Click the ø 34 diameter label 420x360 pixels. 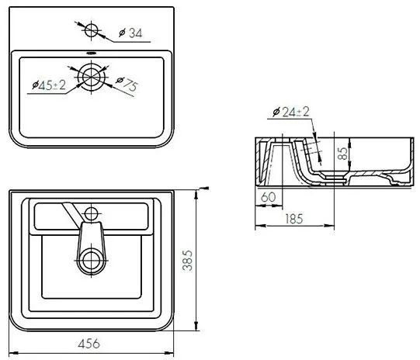point(130,33)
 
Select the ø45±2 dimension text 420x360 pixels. point(49,85)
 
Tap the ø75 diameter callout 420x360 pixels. point(127,84)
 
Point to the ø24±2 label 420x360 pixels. point(291,112)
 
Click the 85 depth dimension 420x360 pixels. point(342,154)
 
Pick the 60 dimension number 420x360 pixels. point(268,197)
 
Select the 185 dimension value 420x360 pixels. point(294,219)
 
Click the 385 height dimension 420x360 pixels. point(188,261)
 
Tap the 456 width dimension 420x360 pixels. point(89,344)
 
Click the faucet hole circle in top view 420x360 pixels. point(92,30)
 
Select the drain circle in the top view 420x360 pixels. point(92,77)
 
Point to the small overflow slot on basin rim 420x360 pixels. point(92,53)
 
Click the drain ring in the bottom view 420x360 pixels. point(92,261)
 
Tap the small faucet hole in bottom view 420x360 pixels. point(91,214)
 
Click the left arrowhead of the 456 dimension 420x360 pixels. point(13,353)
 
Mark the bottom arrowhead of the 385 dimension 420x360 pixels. point(196,326)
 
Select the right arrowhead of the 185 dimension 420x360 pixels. point(330,226)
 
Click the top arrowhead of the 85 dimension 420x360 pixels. point(350,143)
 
